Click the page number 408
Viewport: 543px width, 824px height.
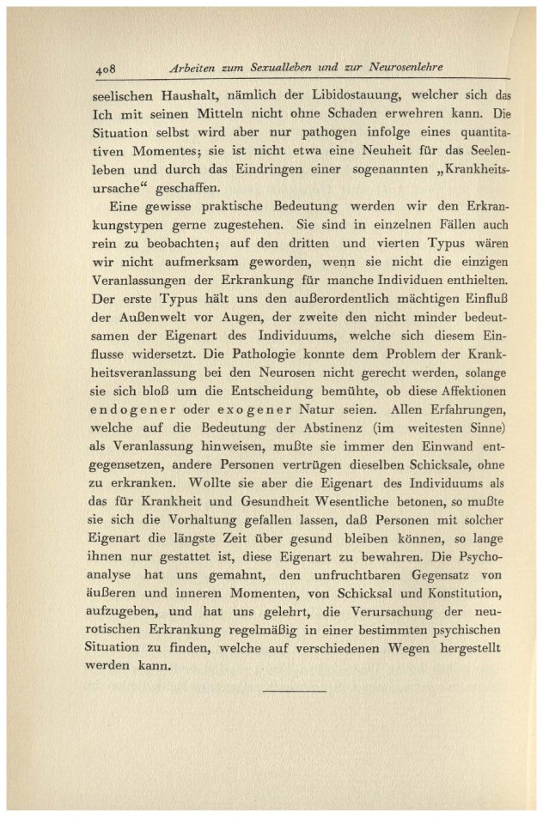[106, 68]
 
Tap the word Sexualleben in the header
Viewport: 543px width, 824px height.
[279, 67]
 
